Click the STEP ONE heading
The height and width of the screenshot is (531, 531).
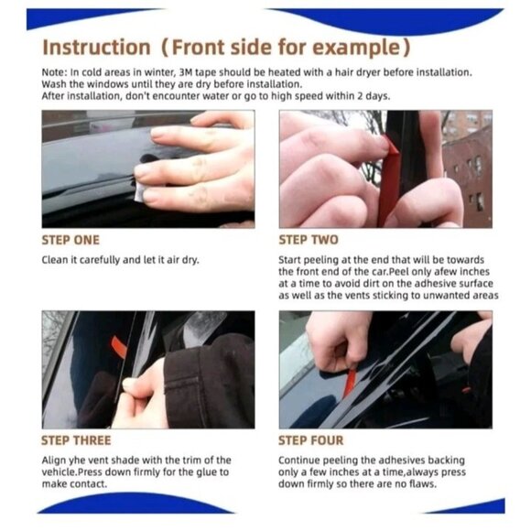click(x=70, y=240)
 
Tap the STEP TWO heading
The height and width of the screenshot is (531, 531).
click(x=308, y=240)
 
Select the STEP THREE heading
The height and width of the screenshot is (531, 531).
click(x=76, y=440)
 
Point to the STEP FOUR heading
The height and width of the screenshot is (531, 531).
click(x=313, y=440)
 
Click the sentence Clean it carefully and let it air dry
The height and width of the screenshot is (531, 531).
click(x=120, y=260)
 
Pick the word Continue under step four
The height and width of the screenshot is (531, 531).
click(x=300, y=460)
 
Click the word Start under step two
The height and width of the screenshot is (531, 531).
click(x=292, y=260)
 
